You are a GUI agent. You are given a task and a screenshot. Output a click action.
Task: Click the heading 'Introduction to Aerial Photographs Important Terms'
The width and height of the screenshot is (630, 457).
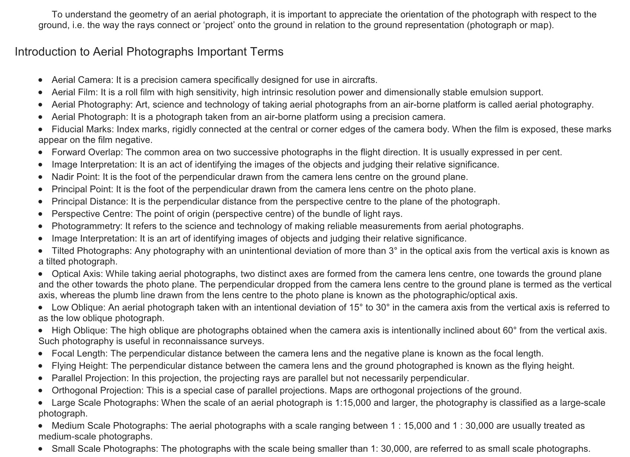[x=149, y=52]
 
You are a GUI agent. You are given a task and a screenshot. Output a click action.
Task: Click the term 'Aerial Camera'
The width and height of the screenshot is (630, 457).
[x=82, y=80]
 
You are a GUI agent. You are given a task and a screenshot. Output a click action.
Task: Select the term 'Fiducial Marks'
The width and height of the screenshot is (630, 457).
[x=83, y=129]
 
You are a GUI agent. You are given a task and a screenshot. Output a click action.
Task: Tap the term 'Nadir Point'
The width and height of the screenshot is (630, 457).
[x=75, y=177]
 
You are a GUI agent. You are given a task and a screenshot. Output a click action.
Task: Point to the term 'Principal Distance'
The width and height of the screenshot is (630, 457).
[x=89, y=201]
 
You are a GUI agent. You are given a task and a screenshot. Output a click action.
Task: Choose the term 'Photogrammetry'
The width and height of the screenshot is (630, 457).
[x=87, y=226]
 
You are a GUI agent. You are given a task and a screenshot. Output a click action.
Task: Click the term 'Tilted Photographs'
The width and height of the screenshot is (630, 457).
[x=91, y=251]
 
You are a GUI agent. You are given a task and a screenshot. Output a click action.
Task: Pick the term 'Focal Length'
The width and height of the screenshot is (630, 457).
[x=79, y=354]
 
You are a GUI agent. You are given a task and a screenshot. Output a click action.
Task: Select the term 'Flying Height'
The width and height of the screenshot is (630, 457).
[x=79, y=366]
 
